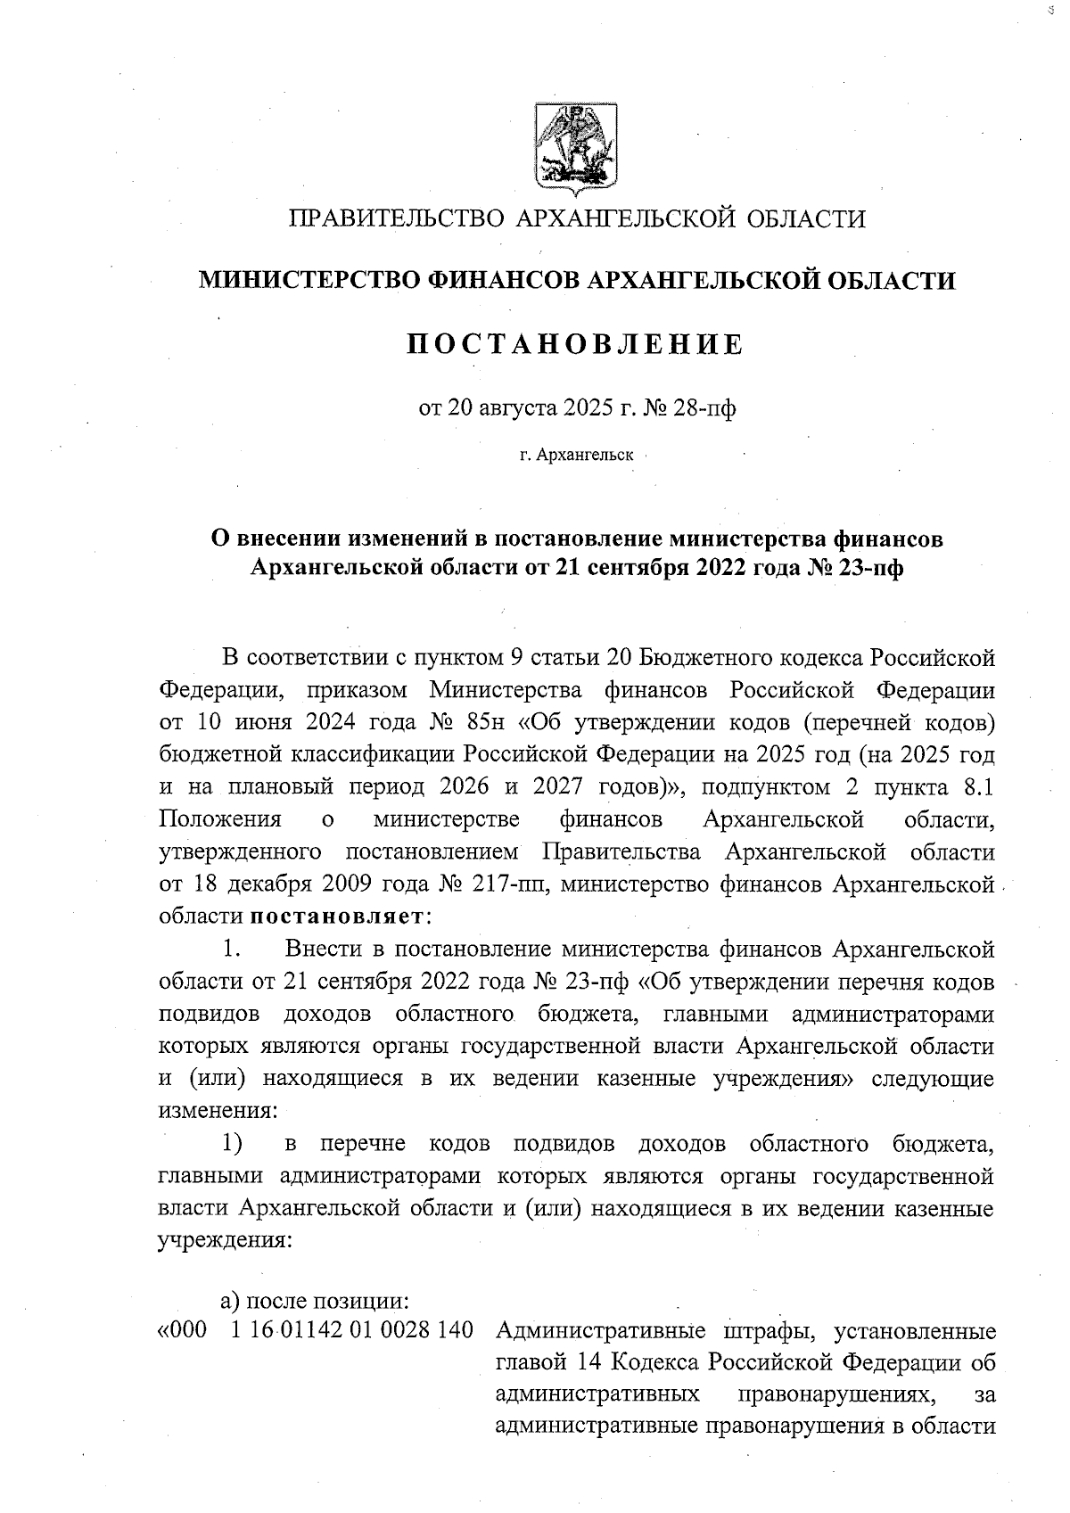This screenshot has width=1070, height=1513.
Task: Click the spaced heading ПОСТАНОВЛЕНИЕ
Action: point(574,345)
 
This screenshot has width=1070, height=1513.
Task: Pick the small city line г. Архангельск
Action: point(576,456)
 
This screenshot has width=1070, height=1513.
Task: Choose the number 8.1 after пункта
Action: point(974,787)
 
